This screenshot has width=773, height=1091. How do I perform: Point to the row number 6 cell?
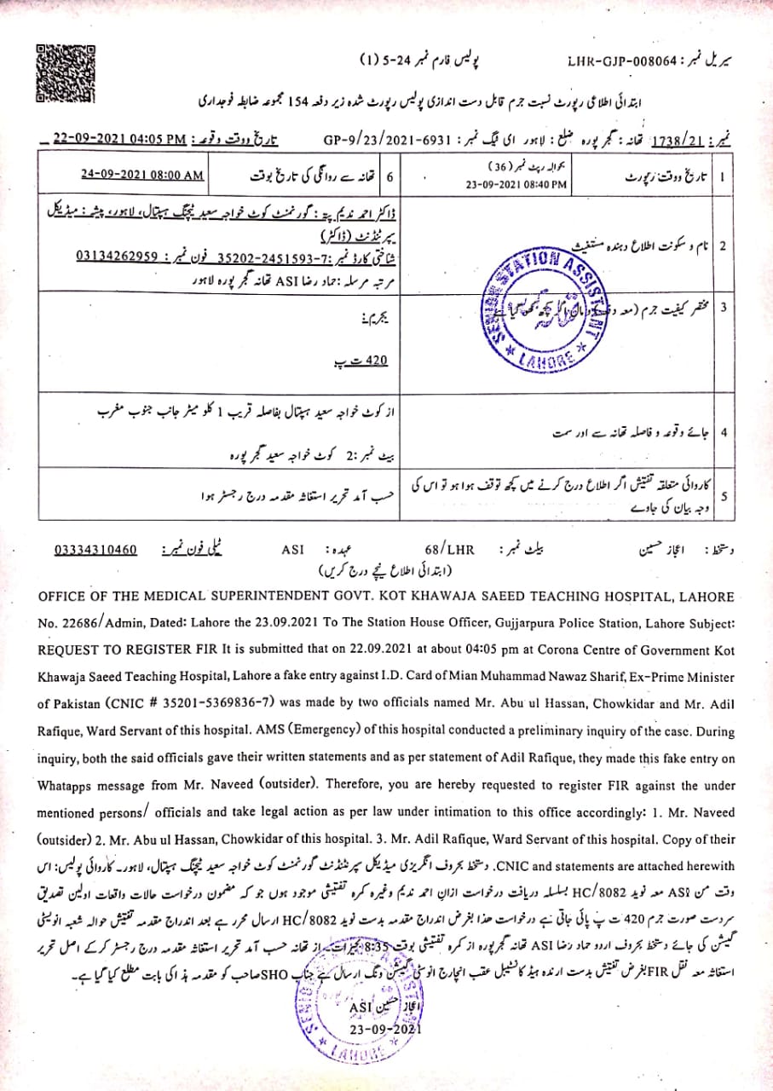pos(389,177)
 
